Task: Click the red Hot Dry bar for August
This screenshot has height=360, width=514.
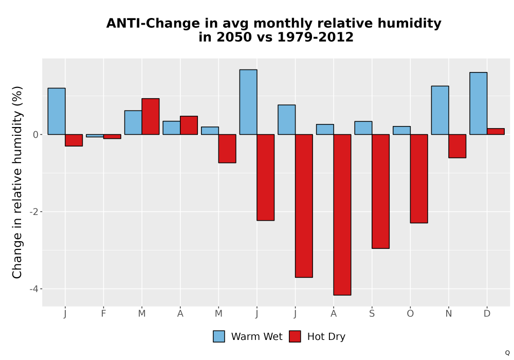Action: [x=342, y=215]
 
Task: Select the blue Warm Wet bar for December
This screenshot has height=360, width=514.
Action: [x=478, y=103]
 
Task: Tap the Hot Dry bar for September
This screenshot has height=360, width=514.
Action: [x=380, y=191]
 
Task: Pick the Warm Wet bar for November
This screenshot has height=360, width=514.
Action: [x=440, y=110]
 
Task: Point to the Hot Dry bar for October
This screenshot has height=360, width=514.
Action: [x=419, y=178]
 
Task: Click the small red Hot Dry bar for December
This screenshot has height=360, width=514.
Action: [x=495, y=132]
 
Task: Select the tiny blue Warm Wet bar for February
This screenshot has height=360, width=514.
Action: [x=95, y=136]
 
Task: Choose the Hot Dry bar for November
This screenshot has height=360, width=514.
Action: [x=457, y=146]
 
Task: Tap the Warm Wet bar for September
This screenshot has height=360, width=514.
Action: [x=363, y=128]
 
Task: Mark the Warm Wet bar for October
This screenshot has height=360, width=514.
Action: [x=401, y=131]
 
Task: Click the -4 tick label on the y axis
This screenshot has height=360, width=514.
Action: [x=34, y=289]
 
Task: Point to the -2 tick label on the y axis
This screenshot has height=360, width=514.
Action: [x=34, y=212]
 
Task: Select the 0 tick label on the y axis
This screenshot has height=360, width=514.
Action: [x=36, y=135]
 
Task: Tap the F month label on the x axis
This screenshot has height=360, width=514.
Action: [x=104, y=314]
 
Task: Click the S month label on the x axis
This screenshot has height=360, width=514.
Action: [x=372, y=314]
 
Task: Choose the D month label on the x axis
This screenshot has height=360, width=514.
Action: [x=487, y=314]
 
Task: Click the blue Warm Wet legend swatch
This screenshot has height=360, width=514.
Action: [x=219, y=336]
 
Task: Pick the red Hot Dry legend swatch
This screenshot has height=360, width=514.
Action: [x=295, y=336]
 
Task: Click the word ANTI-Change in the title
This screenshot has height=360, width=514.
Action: [x=153, y=24]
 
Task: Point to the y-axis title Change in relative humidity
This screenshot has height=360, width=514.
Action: [x=17, y=182]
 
